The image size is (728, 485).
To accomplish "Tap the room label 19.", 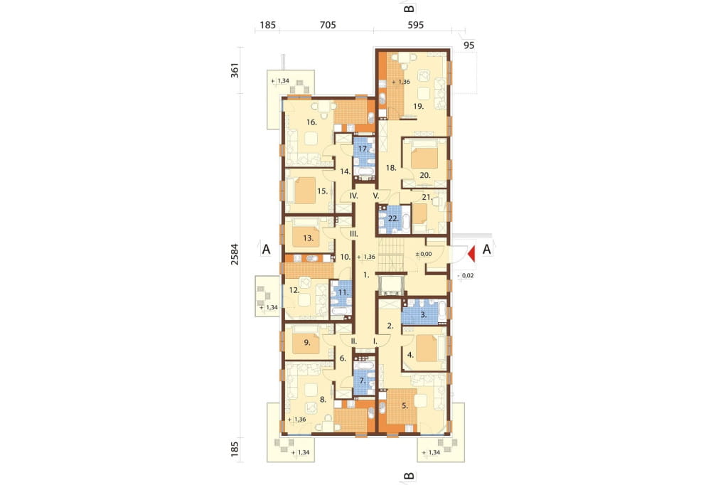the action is coord(418,107).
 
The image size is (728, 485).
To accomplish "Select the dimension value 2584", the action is coord(235,254).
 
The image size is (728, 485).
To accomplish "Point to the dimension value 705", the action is coord(328,25).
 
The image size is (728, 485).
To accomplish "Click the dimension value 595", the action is coord(415,25).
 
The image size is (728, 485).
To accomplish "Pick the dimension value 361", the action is coord(235,70).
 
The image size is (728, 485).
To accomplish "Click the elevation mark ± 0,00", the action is coord(423,254).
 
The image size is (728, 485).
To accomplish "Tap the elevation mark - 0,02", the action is coord(466,275).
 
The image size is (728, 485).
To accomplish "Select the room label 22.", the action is coord(393,218).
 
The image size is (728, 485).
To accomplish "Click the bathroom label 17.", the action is coord(363,149).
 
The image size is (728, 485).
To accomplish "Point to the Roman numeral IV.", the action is coord(354,196).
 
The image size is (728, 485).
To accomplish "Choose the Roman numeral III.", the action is coord(354,234).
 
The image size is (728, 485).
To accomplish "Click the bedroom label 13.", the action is coord(309,238).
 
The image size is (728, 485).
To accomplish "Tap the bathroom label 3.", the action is coord(423,314).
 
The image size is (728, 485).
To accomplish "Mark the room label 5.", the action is coord(405,405).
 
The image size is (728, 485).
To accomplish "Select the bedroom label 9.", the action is coord(307,343).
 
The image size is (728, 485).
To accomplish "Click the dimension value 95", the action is coord(469,45).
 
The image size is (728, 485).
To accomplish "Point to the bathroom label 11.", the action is coord(343,293).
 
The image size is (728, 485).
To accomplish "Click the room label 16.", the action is coord(311,122).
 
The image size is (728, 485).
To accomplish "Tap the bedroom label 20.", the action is coord(425,176).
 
